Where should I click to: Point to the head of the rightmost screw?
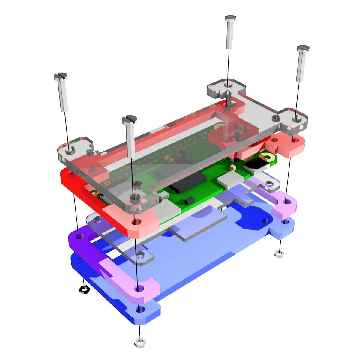(x=302, y=48)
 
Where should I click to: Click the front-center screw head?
(x=129, y=119)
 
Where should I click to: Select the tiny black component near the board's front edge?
(x=189, y=199)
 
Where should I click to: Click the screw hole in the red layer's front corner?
(x=137, y=222)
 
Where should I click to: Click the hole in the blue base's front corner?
(x=139, y=309)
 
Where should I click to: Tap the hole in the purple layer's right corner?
(x=287, y=201)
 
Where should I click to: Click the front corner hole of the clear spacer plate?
(x=140, y=256)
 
